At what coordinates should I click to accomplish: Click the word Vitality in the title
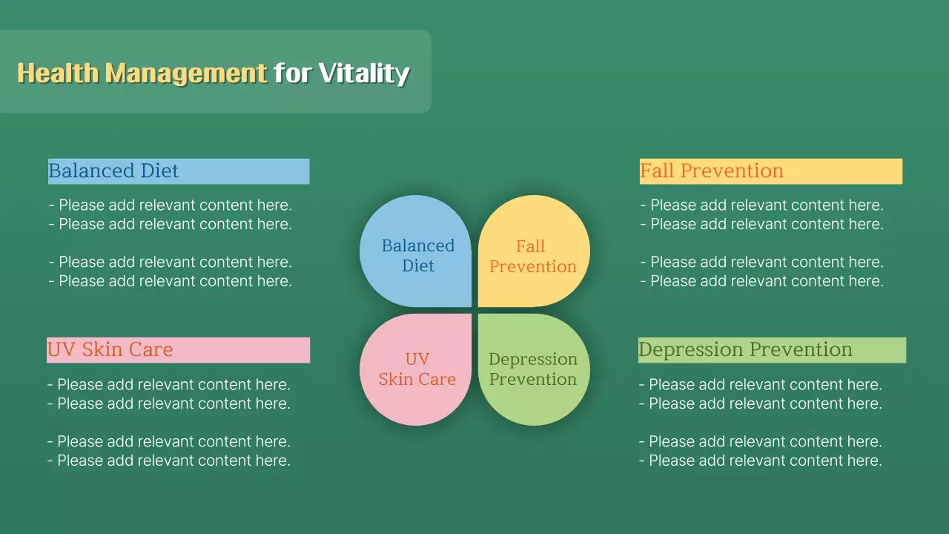pos(364,73)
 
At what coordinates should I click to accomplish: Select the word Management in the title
pos(186,73)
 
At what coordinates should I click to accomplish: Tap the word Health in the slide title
pos(58,73)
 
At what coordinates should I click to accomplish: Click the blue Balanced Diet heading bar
pos(179,171)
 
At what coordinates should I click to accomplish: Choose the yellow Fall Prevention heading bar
pos(771,171)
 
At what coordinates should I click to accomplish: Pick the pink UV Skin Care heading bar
pos(179,350)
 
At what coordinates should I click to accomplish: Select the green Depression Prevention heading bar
pos(773,350)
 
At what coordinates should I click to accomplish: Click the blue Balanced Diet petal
pos(416,251)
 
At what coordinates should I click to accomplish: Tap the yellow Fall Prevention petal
pos(535,251)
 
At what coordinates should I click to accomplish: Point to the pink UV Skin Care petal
pos(416,369)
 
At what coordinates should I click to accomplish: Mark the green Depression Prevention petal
pos(535,369)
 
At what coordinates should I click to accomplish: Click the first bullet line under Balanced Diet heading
pos(171,205)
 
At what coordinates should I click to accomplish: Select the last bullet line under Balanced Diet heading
pos(171,281)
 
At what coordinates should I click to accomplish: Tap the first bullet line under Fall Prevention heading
pos(761,205)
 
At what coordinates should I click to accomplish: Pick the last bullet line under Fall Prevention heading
pos(761,281)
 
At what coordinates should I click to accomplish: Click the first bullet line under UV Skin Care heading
pos(169,384)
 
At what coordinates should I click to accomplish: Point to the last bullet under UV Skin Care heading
pos(169,461)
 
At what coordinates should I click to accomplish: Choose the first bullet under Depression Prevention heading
pos(761,384)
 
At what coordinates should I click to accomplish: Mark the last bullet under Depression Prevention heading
pos(761,461)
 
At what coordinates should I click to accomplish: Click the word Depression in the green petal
pos(533,360)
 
